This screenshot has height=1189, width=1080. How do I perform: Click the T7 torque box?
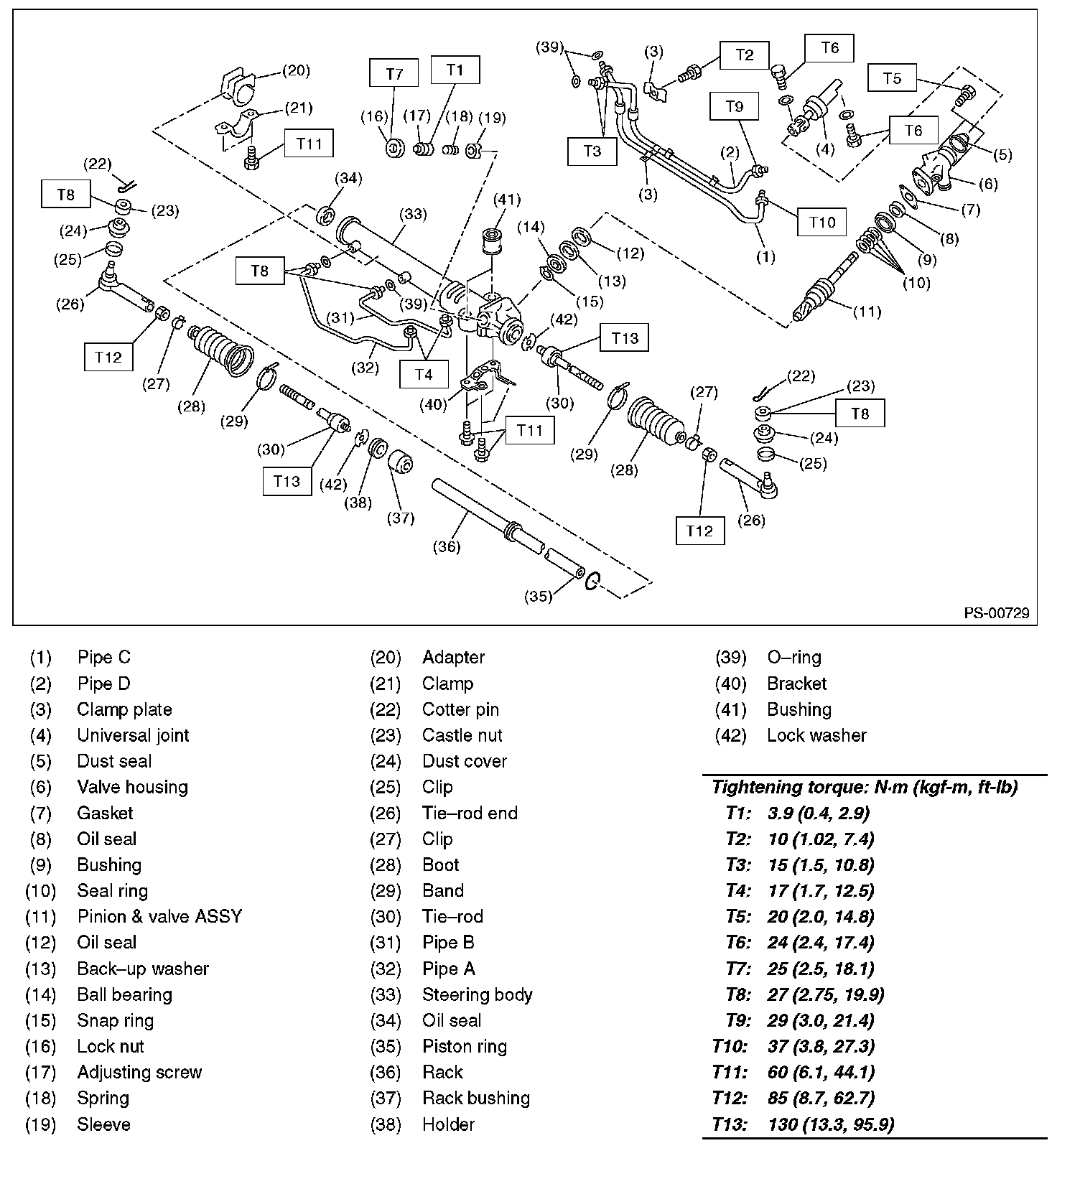pyautogui.click(x=394, y=74)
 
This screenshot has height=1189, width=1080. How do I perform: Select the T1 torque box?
pyautogui.click(x=455, y=70)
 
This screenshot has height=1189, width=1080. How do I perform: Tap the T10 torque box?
pyautogui.click(x=822, y=222)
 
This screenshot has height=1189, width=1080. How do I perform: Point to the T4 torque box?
pyautogui.click(x=424, y=374)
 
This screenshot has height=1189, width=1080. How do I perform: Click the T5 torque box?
pyautogui.click(x=892, y=78)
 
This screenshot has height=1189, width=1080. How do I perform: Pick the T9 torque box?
pyautogui.click(x=734, y=107)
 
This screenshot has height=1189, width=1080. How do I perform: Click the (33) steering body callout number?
pyautogui.click(x=413, y=213)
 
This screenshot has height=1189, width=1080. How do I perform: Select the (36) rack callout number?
pyautogui.click(x=446, y=546)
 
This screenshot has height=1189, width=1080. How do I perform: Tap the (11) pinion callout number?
pyautogui.click(x=867, y=312)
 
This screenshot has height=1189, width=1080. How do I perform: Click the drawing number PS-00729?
pyautogui.click(x=996, y=612)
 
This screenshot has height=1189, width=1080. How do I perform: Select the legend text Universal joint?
pyautogui.click(x=133, y=735)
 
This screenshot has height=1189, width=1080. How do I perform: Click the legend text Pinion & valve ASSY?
pyautogui.click(x=159, y=916)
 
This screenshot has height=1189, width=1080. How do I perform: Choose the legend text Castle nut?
pyautogui.click(x=462, y=735)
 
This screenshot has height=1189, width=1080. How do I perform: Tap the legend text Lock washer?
pyautogui.click(x=816, y=735)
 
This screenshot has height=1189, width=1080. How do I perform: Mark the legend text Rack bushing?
pyautogui.click(x=475, y=1098)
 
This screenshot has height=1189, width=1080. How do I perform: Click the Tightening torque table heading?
pyautogui.click(x=865, y=787)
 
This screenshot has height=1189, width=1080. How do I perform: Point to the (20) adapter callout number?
pyautogui.click(x=295, y=70)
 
